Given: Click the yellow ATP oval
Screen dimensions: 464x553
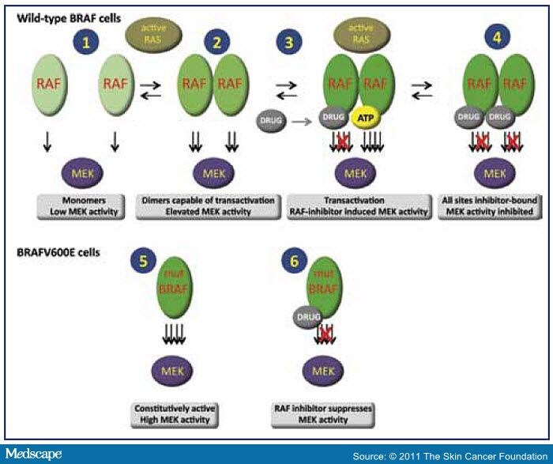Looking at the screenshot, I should pos(364,116).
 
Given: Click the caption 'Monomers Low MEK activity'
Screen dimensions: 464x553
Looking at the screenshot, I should pos(85,203).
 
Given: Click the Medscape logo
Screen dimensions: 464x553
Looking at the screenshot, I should pos(31,454).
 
